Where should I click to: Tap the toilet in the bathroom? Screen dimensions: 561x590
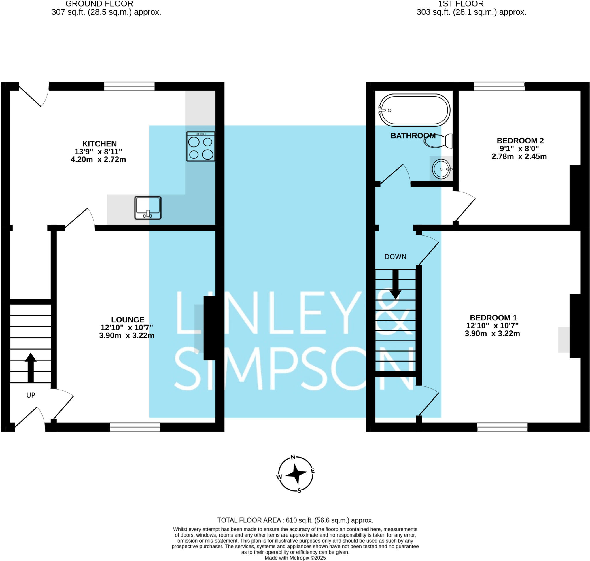coord(438,141)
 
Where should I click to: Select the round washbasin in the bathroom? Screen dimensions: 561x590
coord(441,169)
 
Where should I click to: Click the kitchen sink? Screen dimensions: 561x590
coord(148,207)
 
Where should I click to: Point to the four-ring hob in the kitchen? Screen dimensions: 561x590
coord(201,147)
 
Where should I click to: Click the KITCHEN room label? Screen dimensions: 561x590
coord(99,143)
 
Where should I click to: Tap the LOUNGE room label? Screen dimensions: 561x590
coord(128,319)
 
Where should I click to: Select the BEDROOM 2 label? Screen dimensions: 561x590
coord(520,141)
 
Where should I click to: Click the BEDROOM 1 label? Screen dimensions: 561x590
coord(493,318)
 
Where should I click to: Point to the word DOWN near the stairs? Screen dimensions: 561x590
coord(395,256)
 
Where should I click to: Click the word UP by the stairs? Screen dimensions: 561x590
coord(31,395)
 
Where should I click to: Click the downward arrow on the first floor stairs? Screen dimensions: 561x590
coord(395,284)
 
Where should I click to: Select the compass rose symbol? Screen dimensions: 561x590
coord(296,474)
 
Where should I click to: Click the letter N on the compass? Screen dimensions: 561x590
coord(293,457)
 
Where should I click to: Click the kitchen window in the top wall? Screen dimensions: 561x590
coord(129,86)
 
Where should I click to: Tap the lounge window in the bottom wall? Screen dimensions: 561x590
coord(135,427)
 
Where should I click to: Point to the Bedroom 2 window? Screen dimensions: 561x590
coord(499,86)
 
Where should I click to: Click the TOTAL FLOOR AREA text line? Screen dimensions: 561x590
coord(295,520)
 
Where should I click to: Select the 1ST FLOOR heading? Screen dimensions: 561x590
coord(461,4)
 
